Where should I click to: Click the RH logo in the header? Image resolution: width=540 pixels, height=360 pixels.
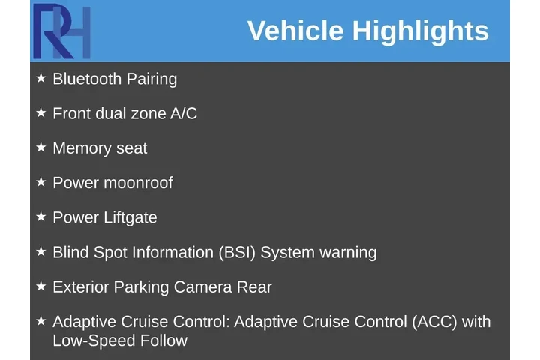point(61,31)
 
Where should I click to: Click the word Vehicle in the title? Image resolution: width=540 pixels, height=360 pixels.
point(295,31)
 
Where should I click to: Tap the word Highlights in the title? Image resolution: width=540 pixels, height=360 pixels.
point(420,31)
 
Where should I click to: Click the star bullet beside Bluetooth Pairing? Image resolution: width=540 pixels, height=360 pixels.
point(40,77)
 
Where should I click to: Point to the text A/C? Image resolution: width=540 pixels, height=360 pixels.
point(184,113)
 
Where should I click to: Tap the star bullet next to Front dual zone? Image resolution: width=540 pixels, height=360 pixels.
point(40,112)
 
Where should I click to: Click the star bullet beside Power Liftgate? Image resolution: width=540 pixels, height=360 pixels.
point(40,217)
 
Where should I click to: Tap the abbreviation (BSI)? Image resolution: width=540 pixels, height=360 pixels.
point(237,252)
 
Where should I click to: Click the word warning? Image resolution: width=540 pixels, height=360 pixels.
point(348,252)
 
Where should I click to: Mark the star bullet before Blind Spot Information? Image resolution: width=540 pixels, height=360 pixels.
point(40,251)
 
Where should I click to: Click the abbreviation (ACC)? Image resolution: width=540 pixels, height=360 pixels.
point(434,322)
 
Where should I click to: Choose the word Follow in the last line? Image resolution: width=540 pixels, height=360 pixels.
point(163,340)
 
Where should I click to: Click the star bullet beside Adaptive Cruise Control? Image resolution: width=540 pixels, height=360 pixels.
point(40,320)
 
